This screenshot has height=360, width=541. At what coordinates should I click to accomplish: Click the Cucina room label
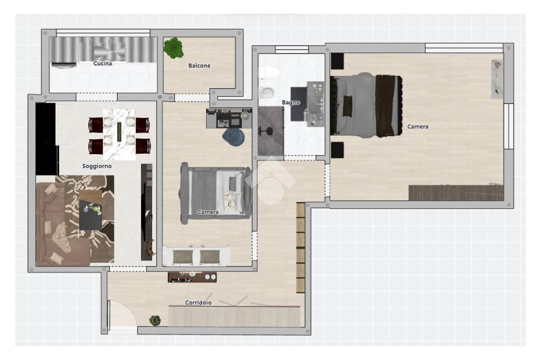click(x=102, y=63)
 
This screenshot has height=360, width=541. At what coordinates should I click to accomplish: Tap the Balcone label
click(x=199, y=65)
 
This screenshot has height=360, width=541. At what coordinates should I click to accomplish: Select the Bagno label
click(x=291, y=102)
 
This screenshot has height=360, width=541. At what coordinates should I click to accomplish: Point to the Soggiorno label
click(x=97, y=166)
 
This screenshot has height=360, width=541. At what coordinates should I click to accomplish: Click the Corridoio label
click(x=199, y=302)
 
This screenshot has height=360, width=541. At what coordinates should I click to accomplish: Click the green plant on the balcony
click(x=173, y=48)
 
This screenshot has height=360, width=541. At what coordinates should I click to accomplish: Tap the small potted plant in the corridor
click(x=155, y=320)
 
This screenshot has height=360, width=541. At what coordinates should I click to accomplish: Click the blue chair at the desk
click(x=234, y=137)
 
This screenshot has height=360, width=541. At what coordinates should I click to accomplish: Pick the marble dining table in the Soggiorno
click(x=119, y=135)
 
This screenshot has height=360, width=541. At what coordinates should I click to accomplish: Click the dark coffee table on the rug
click(x=91, y=210)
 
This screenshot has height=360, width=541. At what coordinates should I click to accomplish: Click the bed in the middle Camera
click(x=216, y=193)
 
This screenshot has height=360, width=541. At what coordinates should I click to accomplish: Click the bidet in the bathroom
click(x=267, y=92)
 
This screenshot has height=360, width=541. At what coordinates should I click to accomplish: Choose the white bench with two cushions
click(x=197, y=256)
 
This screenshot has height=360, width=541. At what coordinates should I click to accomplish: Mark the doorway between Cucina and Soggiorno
click(x=97, y=97)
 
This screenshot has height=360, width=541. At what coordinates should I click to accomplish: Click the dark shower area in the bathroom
click(x=271, y=131)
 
